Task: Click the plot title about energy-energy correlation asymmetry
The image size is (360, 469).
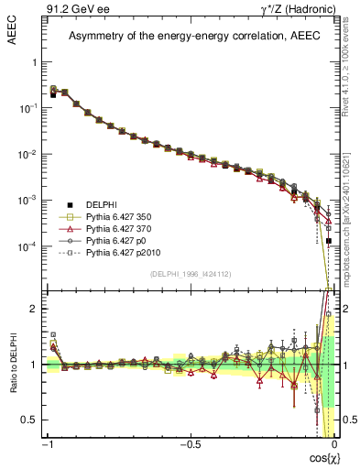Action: [190, 37]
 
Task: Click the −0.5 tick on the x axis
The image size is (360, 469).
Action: [189, 445]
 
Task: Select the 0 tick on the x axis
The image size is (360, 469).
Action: [333, 445]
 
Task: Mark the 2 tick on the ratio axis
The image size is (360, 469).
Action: [34, 309]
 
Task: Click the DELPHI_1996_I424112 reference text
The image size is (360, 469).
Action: [190, 273]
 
